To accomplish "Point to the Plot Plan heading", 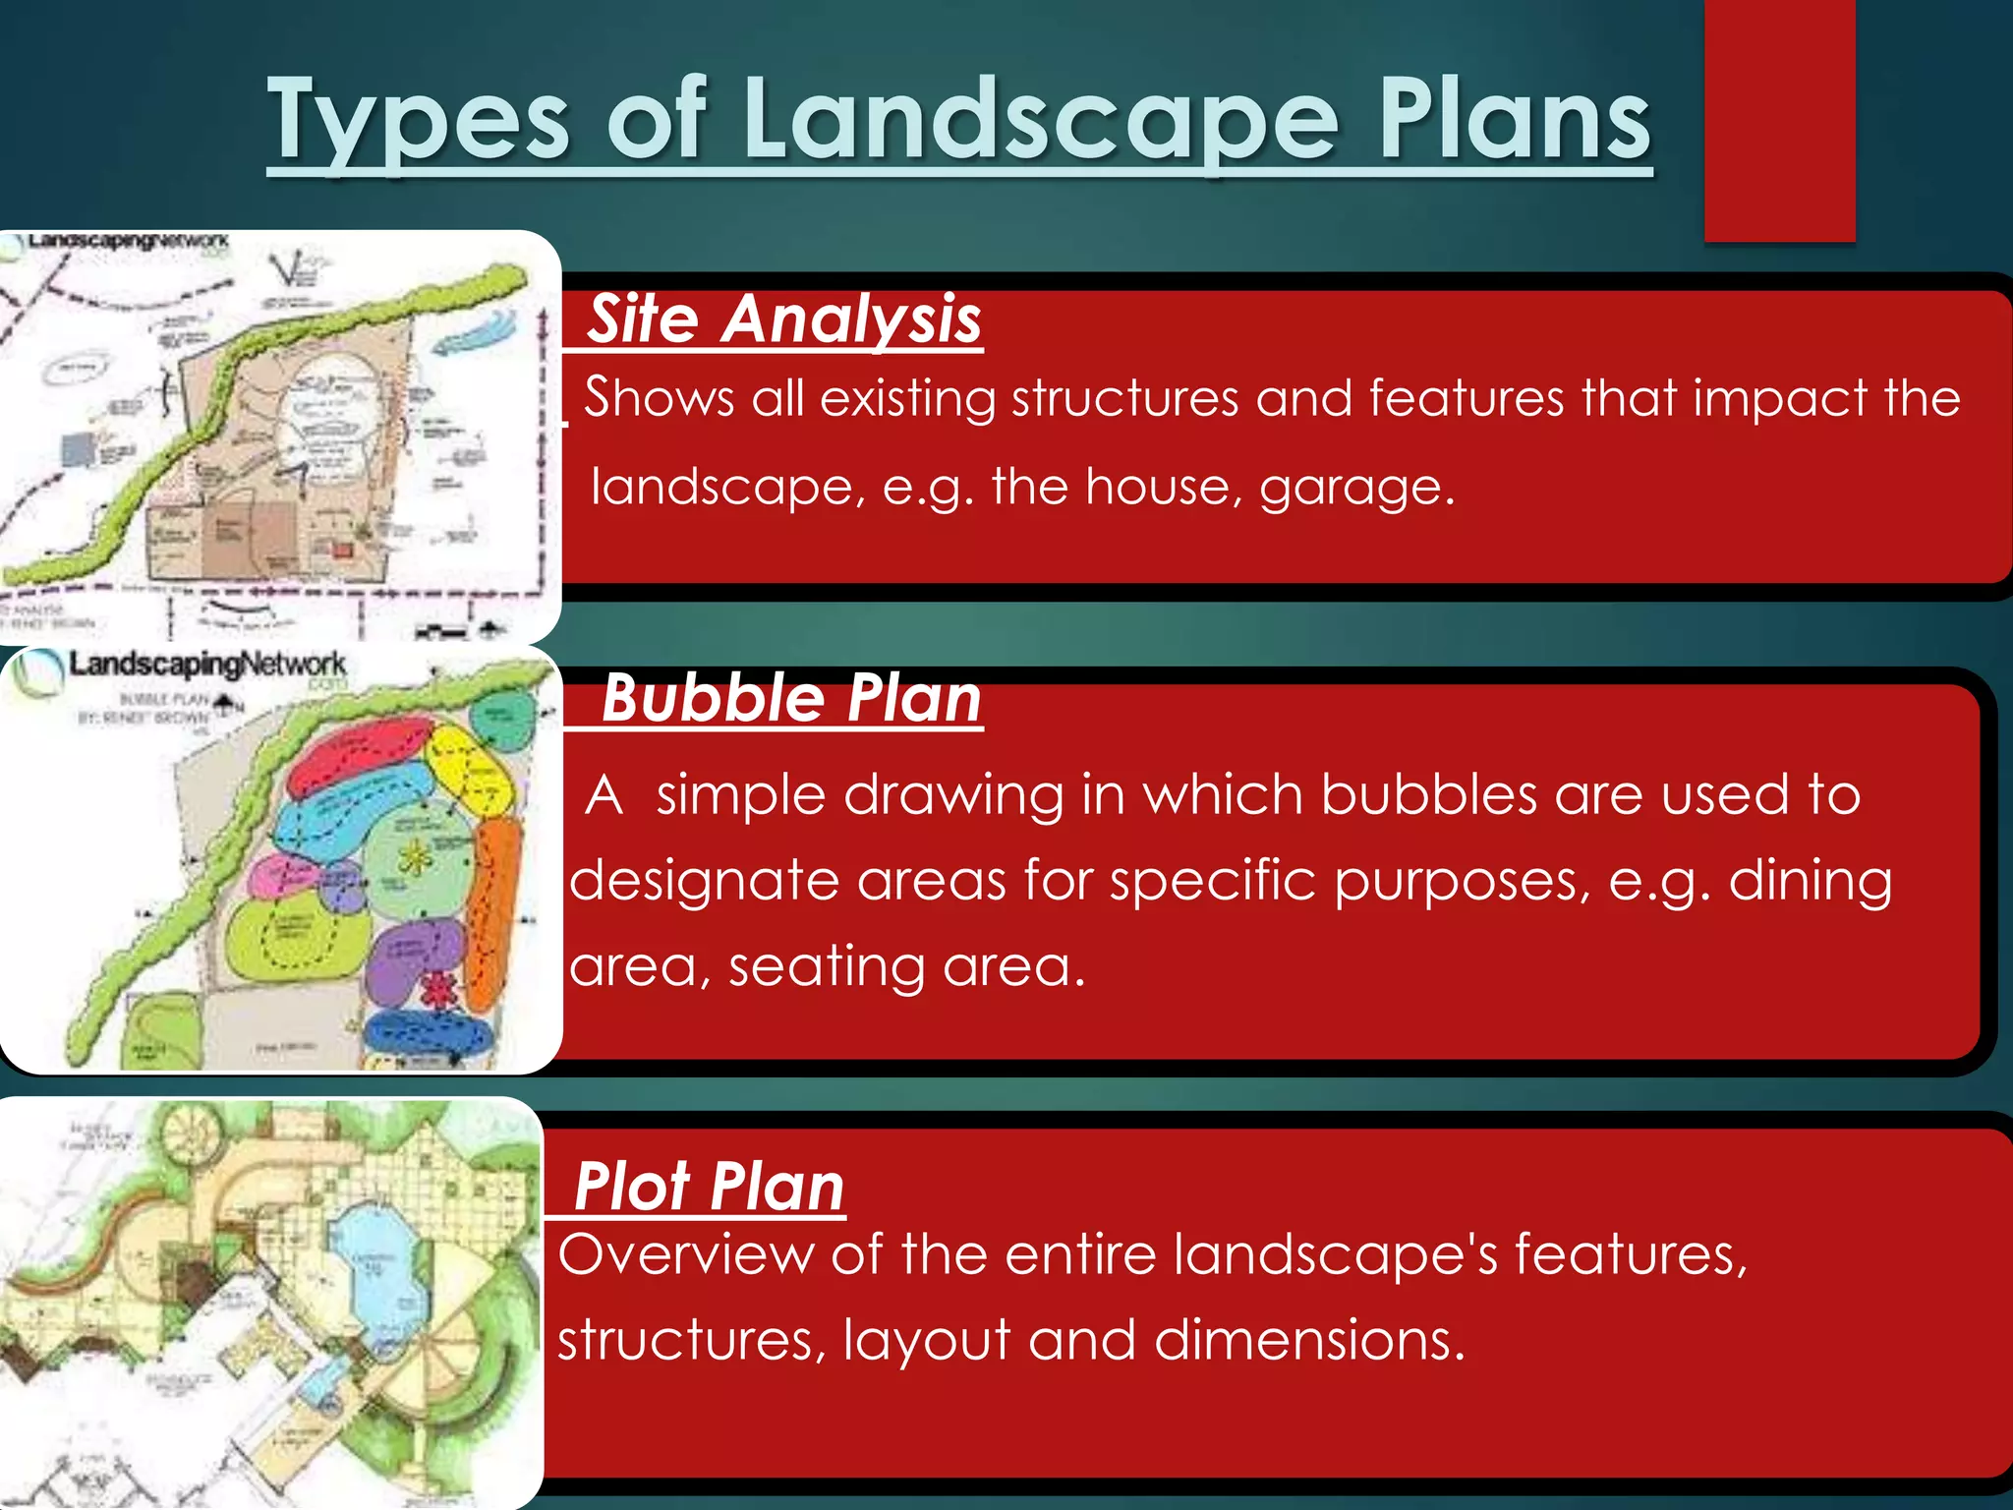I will point(709,1187).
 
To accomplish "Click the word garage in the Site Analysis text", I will point(1355,488).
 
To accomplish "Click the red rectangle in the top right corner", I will point(1779,120).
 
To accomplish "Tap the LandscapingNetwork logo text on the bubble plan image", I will point(206,666).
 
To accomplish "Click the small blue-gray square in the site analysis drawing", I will point(76,450).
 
